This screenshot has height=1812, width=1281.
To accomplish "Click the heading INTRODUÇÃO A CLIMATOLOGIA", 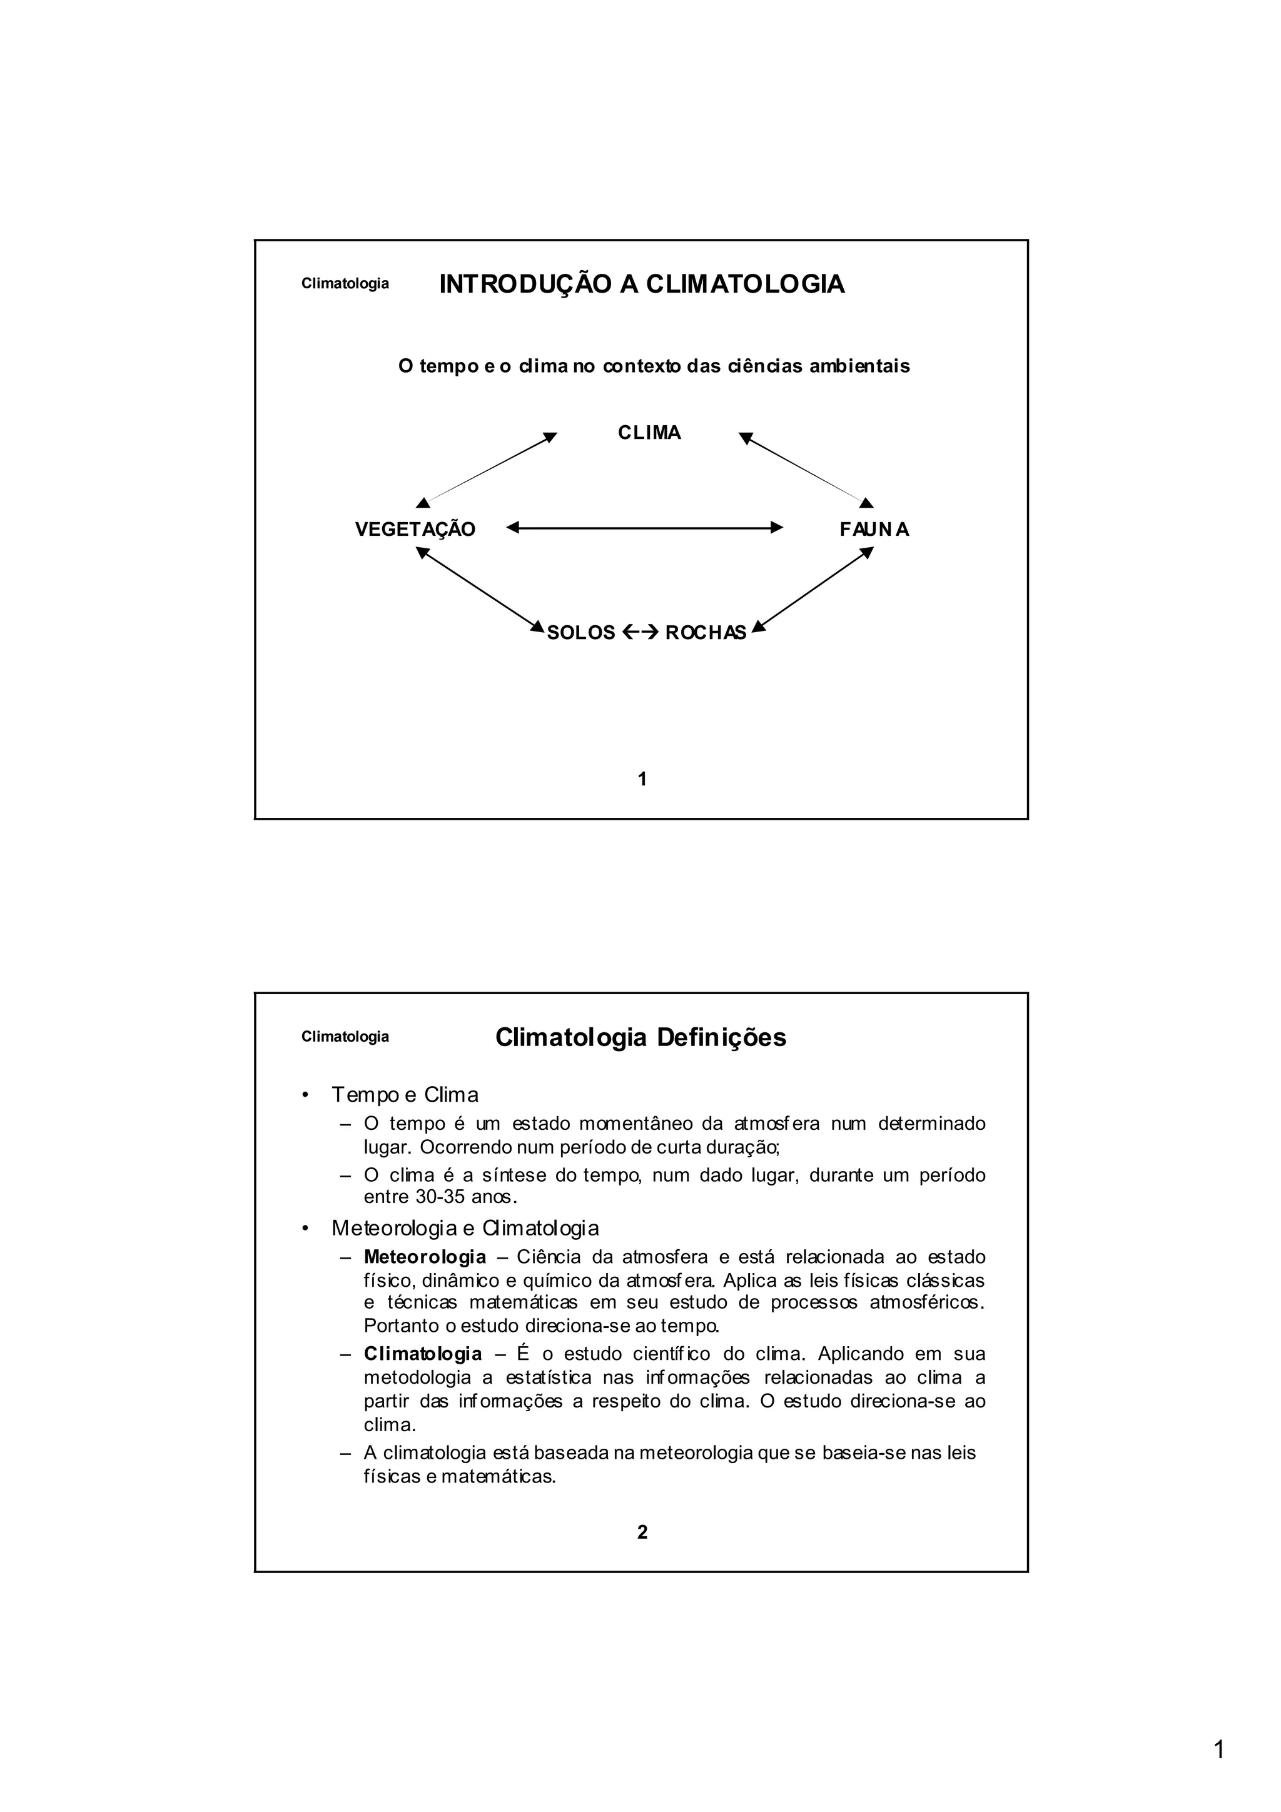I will (x=641, y=284).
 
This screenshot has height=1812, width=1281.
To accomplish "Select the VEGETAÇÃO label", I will (x=415, y=530).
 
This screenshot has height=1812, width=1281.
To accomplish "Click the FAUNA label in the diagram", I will (x=874, y=530).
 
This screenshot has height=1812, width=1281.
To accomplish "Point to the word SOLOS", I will (x=581, y=633).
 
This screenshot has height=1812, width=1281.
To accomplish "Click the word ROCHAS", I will (x=706, y=633).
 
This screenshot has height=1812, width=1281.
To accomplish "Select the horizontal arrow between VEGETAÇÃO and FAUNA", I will (x=644, y=527).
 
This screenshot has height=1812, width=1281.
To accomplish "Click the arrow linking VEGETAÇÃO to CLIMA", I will (x=489, y=468).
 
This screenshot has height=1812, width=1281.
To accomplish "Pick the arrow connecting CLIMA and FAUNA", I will (x=805, y=469).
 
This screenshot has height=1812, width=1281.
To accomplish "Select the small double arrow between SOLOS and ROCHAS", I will (x=639, y=632).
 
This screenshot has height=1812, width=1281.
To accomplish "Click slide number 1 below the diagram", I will (x=642, y=780).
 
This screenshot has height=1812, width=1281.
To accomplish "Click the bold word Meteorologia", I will (x=425, y=1256).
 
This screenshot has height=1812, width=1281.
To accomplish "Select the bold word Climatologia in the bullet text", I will (x=422, y=1354).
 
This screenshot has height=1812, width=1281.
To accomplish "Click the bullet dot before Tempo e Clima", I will (x=305, y=1095).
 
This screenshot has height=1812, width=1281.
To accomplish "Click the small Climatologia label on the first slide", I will (x=345, y=284).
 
